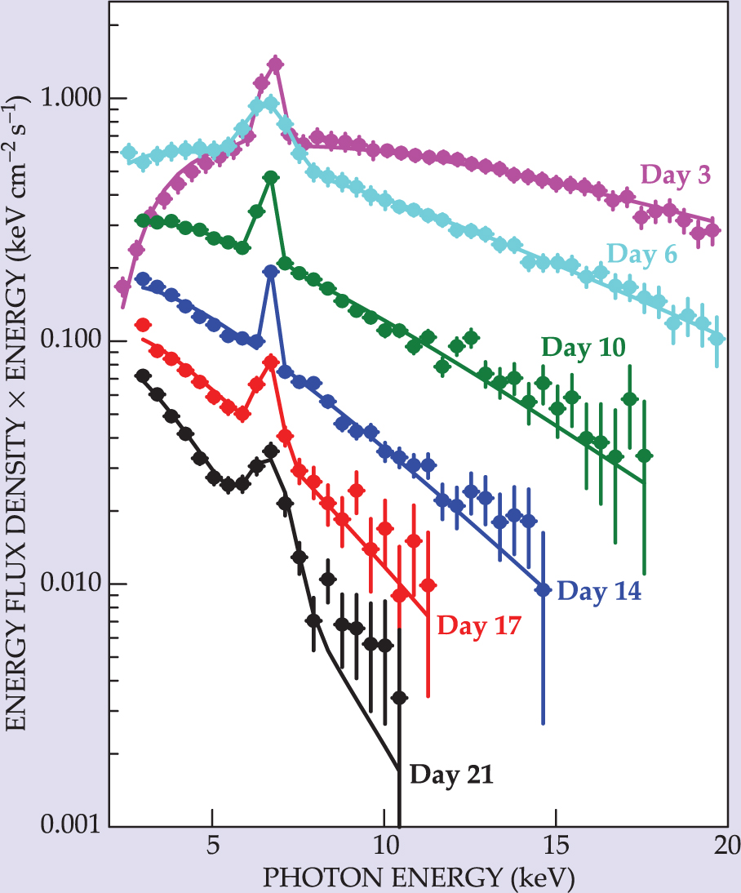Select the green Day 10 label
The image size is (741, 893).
click(x=583, y=348)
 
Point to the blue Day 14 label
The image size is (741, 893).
click(x=599, y=590)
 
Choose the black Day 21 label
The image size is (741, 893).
click(x=451, y=773)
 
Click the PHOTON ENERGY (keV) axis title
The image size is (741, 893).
click(x=417, y=877)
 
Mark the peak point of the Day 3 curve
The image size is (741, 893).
click(x=275, y=64)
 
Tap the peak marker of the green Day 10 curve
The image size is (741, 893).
click(x=271, y=177)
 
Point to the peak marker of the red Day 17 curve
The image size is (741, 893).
click(x=270, y=361)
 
